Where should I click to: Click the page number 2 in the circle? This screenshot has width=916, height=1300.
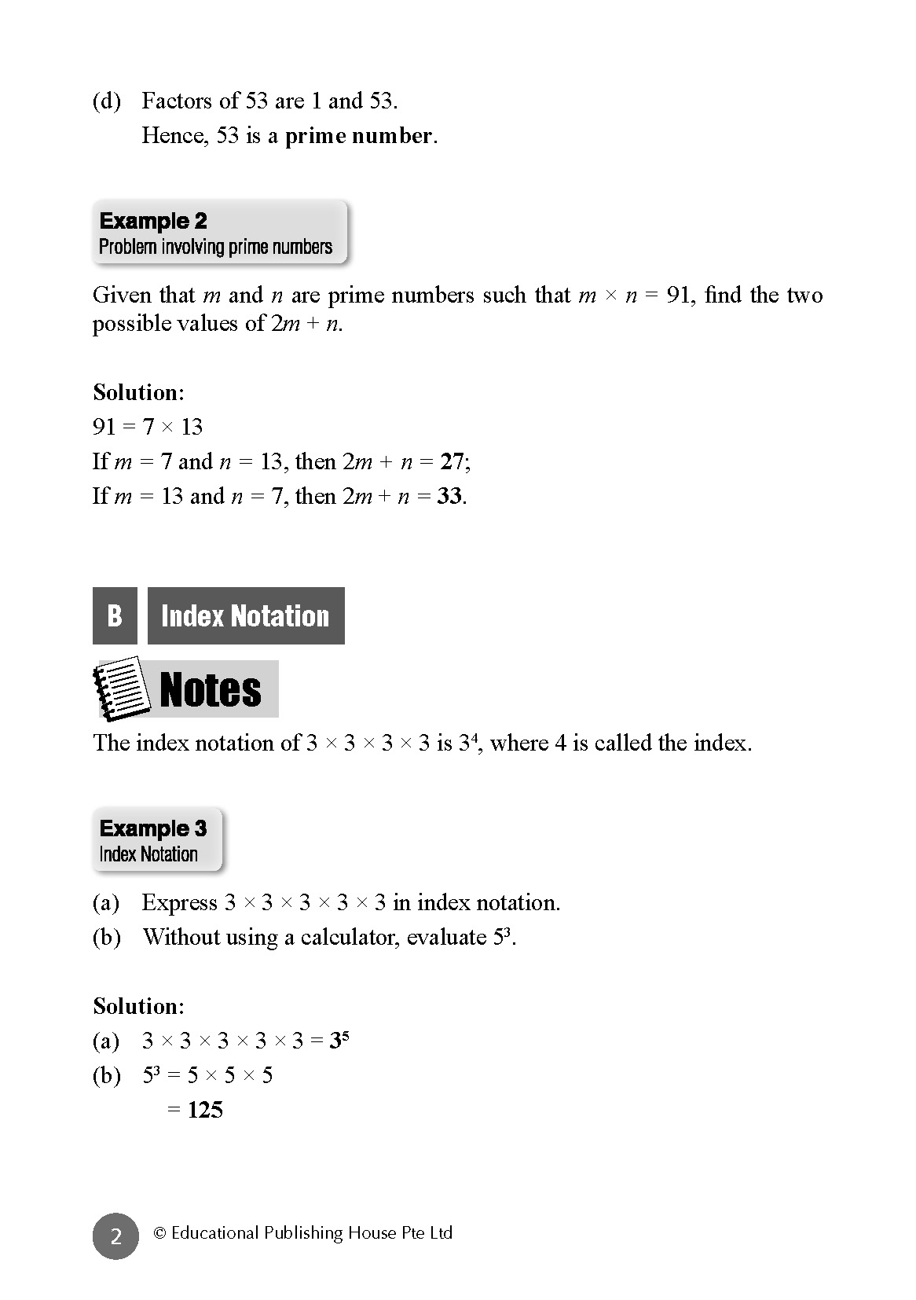tap(115, 1236)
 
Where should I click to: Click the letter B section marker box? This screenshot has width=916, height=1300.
tap(115, 615)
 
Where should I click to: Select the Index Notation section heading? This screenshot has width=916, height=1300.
tap(245, 615)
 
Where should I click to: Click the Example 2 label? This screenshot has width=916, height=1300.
tap(153, 221)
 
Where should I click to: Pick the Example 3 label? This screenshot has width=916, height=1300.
tap(153, 828)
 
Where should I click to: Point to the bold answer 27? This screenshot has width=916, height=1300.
tap(452, 461)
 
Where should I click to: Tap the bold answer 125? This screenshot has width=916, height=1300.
tap(205, 1110)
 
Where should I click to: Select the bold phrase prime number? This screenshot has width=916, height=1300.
tap(358, 136)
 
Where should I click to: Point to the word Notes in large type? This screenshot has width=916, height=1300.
tap(211, 690)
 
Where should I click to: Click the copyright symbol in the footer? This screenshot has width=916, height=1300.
tap(159, 1233)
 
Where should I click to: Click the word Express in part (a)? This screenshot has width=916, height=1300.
tap(180, 902)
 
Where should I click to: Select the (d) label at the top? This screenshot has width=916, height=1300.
tap(107, 101)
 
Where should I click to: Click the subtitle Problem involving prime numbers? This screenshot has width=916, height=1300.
tap(216, 247)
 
